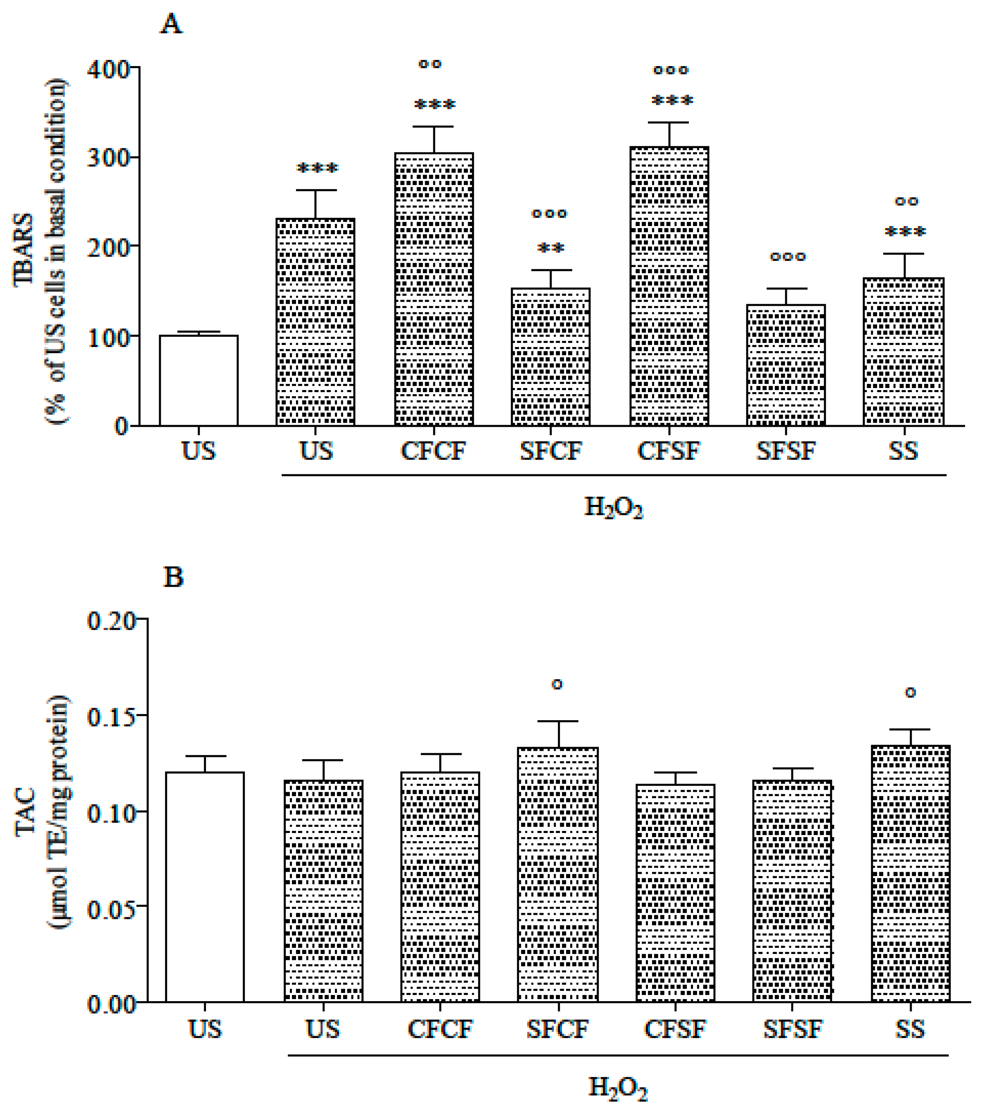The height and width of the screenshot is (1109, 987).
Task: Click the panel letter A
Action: [171, 24]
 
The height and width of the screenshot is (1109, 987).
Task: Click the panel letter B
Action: [173, 577]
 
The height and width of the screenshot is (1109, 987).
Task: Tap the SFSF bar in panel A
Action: [786, 364]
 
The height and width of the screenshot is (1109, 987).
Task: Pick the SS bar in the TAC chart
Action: [911, 873]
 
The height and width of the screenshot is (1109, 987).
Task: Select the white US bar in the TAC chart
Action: [205, 887]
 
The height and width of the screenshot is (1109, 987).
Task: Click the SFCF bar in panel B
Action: [557, 874]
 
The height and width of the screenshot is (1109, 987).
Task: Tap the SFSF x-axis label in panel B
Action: [793, 1029]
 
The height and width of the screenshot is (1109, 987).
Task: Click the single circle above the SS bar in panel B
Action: [911, 693]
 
